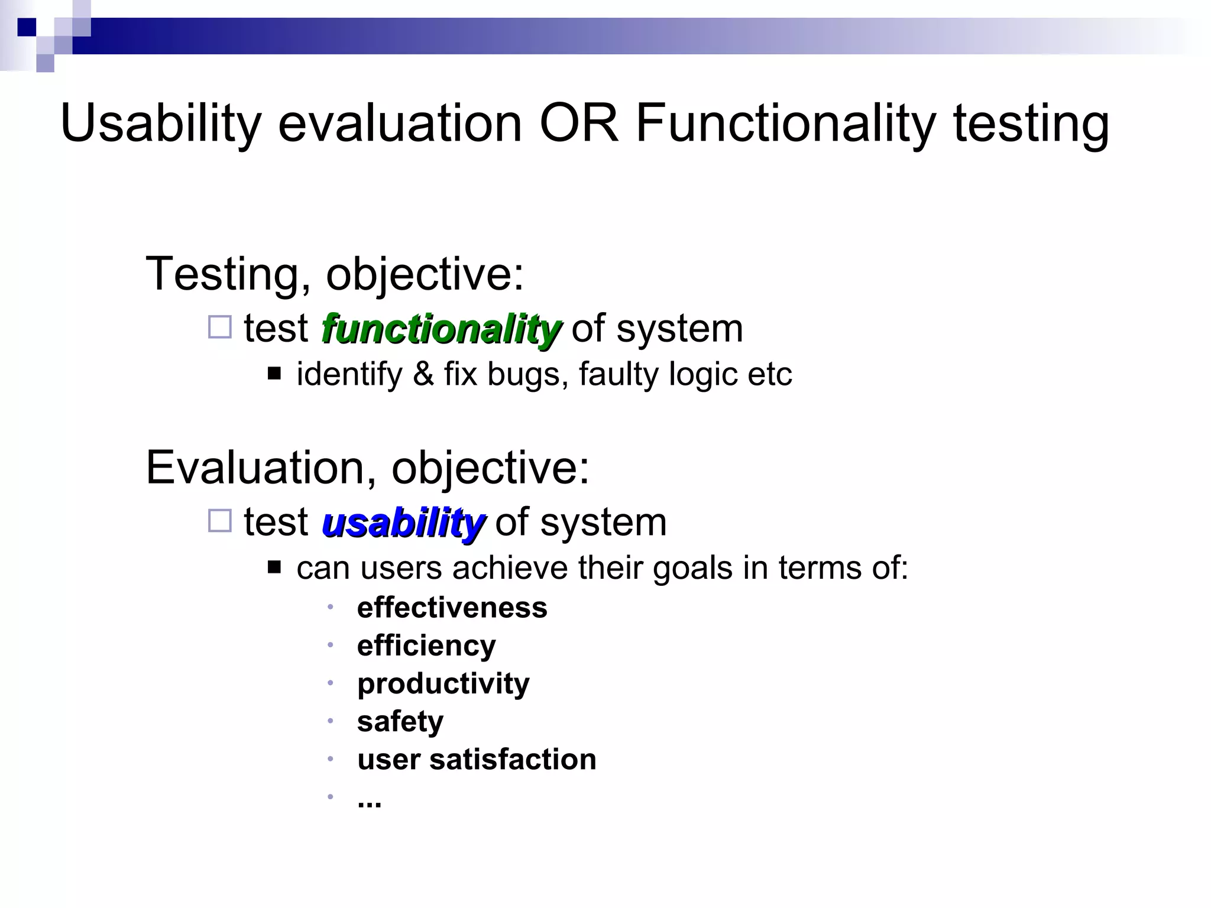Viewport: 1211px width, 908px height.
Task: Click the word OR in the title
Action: click(578, 124)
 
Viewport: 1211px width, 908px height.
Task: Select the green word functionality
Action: click(441, 329)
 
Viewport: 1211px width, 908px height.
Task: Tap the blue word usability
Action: click(403, 523)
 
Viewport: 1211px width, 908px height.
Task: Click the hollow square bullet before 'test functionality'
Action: click(220, 327)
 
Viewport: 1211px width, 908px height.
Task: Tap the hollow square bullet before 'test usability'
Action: click(220, 521)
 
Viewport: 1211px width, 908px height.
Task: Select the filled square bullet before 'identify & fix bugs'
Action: click(274, 374)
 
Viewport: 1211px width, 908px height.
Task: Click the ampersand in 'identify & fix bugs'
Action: click(423, 374)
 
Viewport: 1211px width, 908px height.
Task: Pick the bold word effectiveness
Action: click(452, 608)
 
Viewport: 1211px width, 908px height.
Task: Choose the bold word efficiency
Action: click(426, 646)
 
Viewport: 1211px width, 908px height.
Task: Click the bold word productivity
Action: click(443, 684)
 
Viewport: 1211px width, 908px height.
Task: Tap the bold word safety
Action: click(400, 721)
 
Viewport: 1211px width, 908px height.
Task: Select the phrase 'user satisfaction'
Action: click(477, 759)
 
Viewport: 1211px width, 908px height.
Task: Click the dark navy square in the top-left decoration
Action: click(27, 27)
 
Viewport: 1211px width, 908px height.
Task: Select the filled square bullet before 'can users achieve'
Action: click(274, 567)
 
